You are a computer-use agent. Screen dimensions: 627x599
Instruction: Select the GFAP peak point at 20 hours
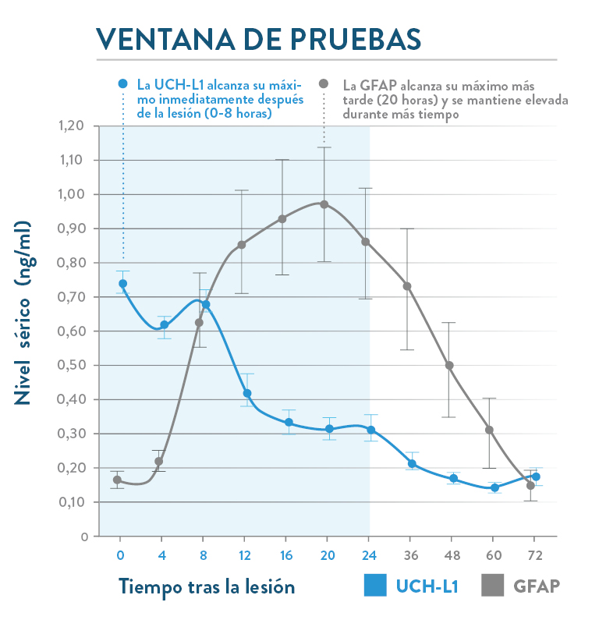coord(324,204)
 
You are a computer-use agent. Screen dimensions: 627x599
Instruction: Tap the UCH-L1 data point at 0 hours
coord(122,284)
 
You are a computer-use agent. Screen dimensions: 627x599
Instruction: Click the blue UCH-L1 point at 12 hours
coord(247,393)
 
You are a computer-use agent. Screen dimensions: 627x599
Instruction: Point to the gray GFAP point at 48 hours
coord(449,365)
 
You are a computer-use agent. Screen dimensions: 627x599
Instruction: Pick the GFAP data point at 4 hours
coord(159,461)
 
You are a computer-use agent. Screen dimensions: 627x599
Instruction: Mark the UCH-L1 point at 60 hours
coord(494,487)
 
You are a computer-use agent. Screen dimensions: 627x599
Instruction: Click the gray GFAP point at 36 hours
coord(407,286)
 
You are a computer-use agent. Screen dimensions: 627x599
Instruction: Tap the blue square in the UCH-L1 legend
coord(376,586)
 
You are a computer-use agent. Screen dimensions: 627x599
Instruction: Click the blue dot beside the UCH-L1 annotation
coord(122,83)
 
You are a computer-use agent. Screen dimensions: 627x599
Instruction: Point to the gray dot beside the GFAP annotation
coord(324,83)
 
